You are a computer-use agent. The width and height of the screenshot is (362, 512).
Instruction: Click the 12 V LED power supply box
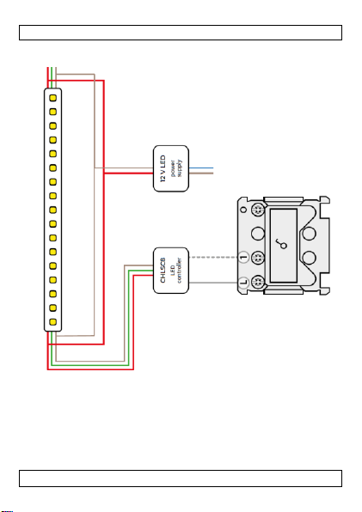point(171,168)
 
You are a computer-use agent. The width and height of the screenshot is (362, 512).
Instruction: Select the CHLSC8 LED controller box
point(171,271)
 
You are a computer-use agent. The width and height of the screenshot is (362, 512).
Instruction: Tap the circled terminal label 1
point(243,258)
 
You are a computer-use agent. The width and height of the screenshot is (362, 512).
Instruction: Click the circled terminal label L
point(243,282)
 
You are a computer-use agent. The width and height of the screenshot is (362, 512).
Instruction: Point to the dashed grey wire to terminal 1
point(213,258)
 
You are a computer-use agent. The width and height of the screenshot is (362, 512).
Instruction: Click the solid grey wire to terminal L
point(213,283)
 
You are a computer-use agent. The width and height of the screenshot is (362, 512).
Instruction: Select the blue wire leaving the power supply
point(201,168)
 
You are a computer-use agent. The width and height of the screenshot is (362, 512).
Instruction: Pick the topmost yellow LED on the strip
point(53,98)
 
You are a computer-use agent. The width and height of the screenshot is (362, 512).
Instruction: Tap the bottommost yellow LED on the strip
point(53,322)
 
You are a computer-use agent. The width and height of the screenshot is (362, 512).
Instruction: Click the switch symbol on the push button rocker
point(281,244)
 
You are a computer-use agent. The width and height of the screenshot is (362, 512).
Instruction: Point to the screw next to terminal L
point(258,282)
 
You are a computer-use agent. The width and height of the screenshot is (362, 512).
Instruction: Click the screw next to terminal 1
point(258,258)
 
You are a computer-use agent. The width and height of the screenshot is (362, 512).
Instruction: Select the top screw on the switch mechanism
point(258,210)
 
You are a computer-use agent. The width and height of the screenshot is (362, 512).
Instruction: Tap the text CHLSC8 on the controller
point(163,271)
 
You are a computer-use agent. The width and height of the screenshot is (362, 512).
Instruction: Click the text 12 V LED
point(163,168)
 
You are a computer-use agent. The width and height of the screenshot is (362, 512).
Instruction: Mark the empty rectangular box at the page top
point(181,33)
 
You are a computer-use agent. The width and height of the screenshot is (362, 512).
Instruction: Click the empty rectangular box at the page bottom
point(181,478)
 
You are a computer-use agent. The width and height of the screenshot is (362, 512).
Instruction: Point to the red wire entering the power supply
point(128,173)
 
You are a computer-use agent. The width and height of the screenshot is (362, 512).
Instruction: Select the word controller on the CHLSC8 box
point(179,271)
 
